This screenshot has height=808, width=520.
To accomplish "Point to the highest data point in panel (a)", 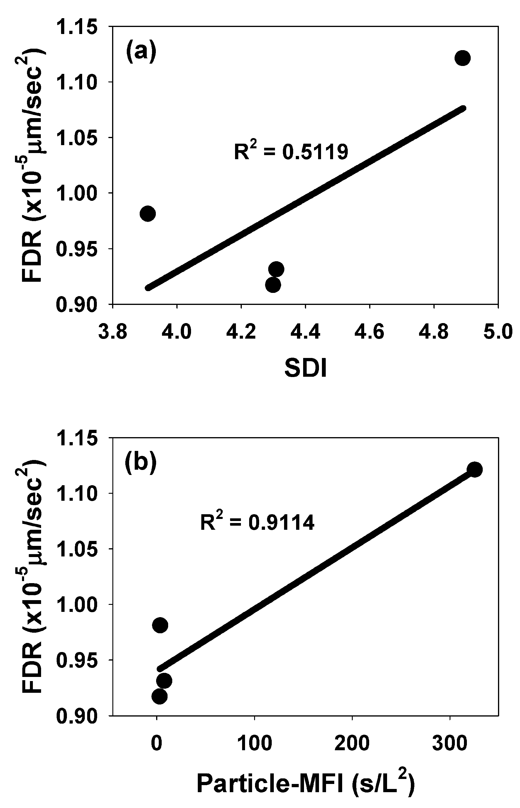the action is tap(462, 58).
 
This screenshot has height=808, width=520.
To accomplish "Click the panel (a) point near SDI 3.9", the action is tap(148, 213).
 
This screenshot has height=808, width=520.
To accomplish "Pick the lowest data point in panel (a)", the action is tap(273, 285).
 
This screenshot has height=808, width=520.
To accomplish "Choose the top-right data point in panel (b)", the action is tap(475, 469).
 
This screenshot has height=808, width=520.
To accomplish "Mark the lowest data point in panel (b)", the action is tap(159, 696).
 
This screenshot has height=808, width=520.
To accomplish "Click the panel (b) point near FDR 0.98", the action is tap(160, 625).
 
